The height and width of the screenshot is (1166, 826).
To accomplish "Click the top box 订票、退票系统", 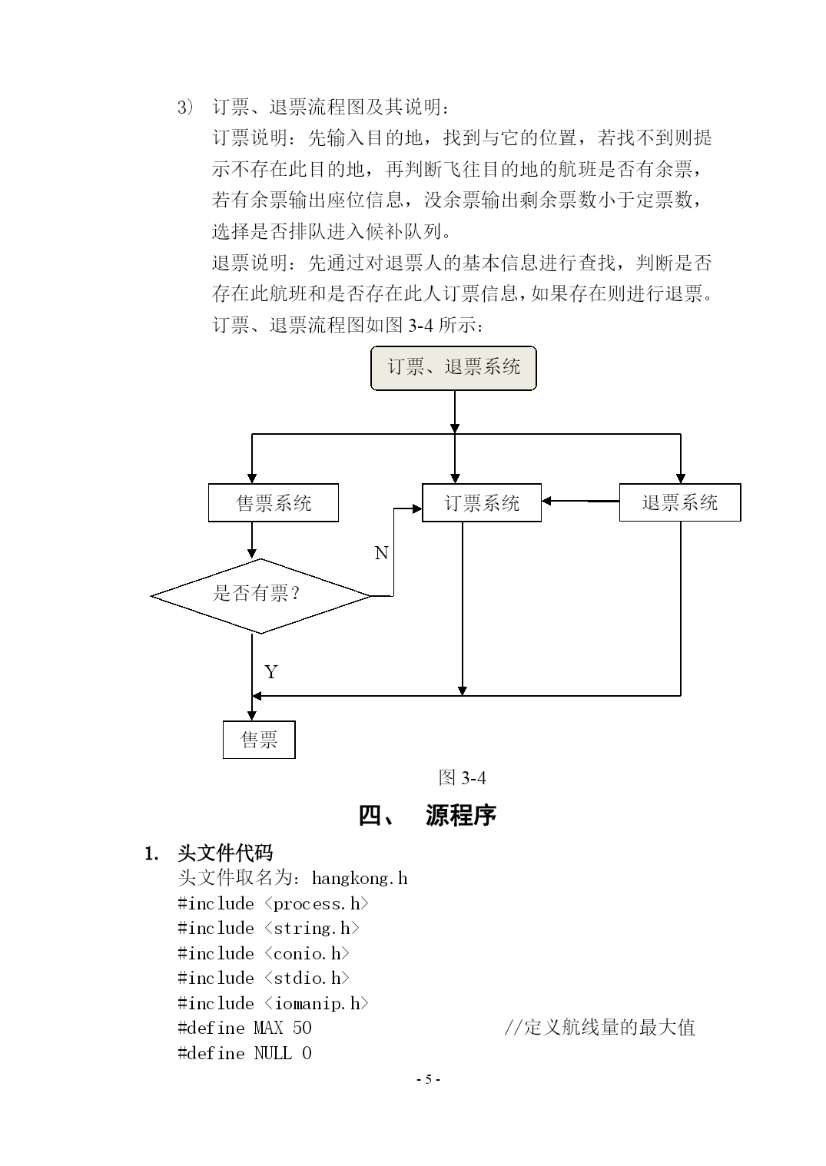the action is click(x=453, y=368).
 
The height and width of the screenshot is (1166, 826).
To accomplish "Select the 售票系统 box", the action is click(x=274, y=503).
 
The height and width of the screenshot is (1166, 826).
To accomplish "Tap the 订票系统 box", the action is click(x=482, y=503).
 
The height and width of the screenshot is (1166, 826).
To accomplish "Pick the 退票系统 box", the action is click(x=680, y=502).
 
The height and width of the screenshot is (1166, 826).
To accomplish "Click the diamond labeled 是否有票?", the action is click(x=260, y=596).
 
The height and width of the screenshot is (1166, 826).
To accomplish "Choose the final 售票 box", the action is click(x=259, y=740).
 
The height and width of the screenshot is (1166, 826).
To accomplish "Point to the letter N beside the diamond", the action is click(x=382, y=553).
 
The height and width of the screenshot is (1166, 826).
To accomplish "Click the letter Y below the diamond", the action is click(x=270, y=672).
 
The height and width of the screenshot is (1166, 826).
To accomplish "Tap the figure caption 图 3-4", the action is click(x=462, y=777).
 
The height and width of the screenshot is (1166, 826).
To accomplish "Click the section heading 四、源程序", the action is click(x=427, y=815).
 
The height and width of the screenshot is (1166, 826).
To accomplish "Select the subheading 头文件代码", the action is click(x=225, y=853).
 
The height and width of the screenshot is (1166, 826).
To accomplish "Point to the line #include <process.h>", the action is click(x=273, y=904).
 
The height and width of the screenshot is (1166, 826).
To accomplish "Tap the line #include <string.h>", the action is click(x=268, y=929).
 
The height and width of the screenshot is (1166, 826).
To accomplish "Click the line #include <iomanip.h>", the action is click(x=273, y=1004).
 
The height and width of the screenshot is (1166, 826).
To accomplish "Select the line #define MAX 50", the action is click(x=245, y=1028).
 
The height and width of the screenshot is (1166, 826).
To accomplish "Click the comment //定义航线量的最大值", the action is click(x=599, y=1028).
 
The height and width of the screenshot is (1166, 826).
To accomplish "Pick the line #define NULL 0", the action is click(x=245, y=1054).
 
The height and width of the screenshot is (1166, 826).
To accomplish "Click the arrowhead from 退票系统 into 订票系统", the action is click(x=546, y=502).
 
